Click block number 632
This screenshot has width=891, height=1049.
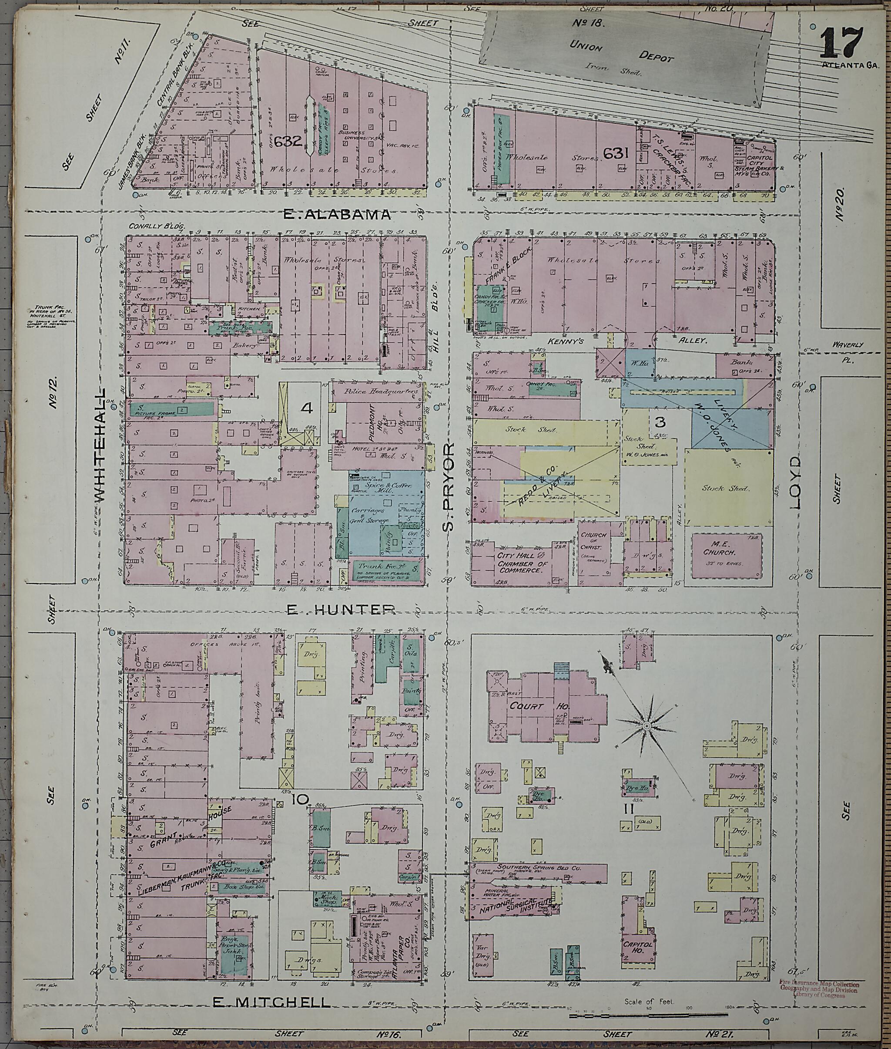(288, 141)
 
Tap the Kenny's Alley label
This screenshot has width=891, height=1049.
(636, 342)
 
